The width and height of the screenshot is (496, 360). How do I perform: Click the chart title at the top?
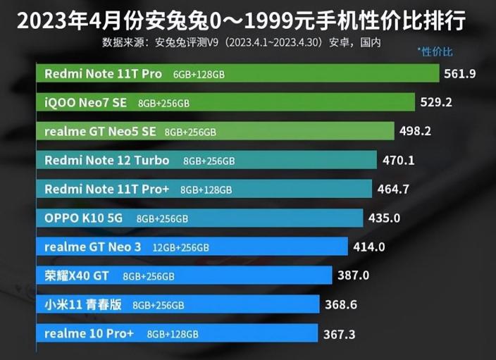coord(241,20)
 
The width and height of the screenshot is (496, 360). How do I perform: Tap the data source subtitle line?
coord(242,43)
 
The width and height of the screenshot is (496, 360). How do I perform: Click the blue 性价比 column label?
coord(435,52)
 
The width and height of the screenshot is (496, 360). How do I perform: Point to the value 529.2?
coord(435,102)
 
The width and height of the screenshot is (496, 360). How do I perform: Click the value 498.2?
coord(415,131)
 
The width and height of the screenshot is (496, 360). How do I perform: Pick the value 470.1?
coord(398,160)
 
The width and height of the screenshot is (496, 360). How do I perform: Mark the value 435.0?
coord(384,218)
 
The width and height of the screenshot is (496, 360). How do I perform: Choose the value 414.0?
coord(370,247)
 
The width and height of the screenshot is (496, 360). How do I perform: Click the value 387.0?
coord(354,275)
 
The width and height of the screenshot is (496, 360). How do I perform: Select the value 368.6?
coord(341,304)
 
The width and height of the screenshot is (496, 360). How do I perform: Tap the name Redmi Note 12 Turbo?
coord(106,160)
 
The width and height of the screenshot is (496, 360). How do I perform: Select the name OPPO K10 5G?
coord(83,218)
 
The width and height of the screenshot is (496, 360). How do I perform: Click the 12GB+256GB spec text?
coord(181,247)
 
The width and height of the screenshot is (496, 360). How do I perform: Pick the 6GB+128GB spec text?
coord(201,74)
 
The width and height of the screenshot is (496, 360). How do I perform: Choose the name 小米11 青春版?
coord(83,304)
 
